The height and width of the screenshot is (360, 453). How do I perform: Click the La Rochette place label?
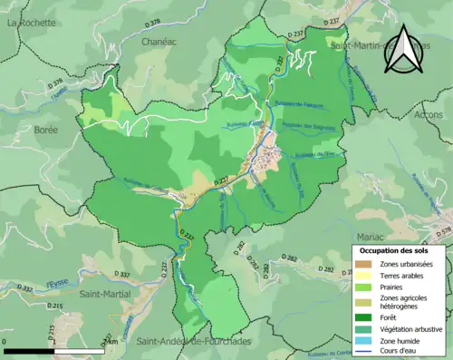(26, 24)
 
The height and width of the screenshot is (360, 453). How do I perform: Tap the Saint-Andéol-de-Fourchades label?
(198, 342)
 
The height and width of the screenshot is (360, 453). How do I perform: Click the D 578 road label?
(441, 232)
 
